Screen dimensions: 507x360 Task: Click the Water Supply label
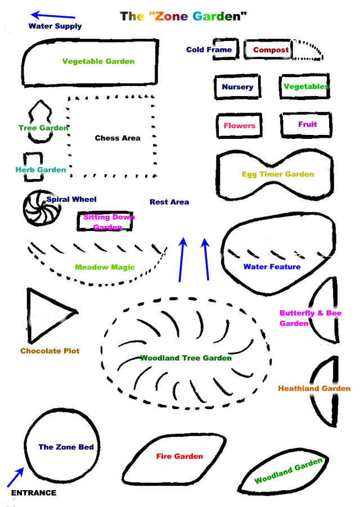tap(55, 26)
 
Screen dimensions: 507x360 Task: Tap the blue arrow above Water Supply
tap(53, 16)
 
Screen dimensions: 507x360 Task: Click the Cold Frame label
tap(209, 50)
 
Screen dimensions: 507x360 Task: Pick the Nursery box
tap(237, 87)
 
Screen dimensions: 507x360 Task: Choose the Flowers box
tap(239, 125)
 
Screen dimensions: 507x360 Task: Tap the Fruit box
tap(307, 124)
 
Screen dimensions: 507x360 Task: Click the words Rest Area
tap(169, 202)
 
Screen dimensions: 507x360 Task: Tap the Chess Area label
tap(118, 138)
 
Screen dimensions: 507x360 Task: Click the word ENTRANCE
tap(34, 493)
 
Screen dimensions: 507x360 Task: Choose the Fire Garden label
tap(179, 456)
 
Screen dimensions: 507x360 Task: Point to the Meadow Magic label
tap(105, 268)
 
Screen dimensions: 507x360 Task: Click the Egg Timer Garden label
tap(278, 174)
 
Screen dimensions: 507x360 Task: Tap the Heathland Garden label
tap(314, 388)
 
